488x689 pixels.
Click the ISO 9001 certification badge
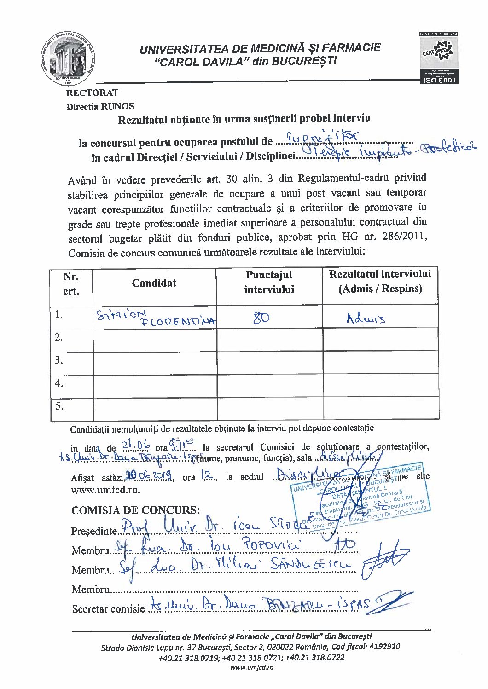[x=438, y=58]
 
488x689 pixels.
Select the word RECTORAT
[x=92, y=93]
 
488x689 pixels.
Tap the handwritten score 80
[x=261, y=317]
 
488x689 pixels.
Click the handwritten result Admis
[x=366, y=318]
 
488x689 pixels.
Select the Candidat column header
[x=154, y=283]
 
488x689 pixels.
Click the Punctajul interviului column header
[x=269, y=282]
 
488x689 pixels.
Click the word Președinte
[x=94, y=531]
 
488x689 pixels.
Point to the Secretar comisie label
[x=108, y=609]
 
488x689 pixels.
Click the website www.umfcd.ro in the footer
[x=251, y=667]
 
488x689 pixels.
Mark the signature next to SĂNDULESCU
[x=383, y=561]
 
